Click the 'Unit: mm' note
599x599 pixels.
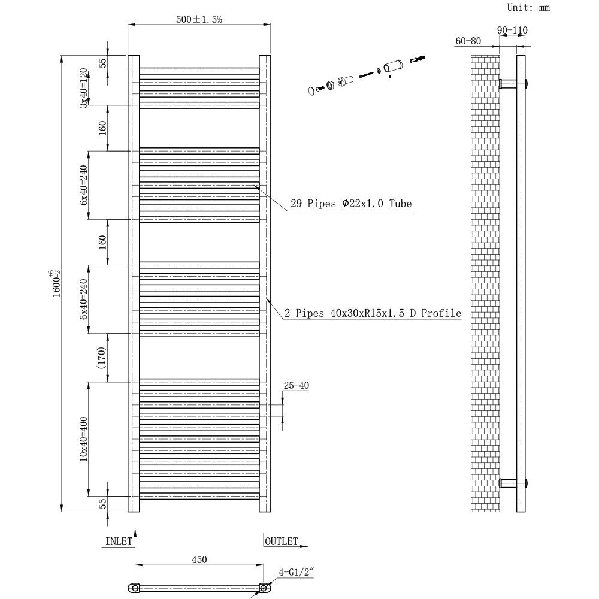pyautogui.click(x=528, y=8)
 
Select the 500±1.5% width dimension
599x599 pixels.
pyautogui.click(x=199, y=19)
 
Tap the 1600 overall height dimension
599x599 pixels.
pyautogui.click(x=56, y=282)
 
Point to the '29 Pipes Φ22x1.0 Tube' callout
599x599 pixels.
pyautogui.click(x=351, y=204)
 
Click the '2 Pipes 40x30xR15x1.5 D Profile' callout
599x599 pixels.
pyautogui.click(x=373, y=313)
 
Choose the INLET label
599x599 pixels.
pyautogui.click(x=119, y=541)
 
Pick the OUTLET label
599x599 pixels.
pyautogui.click(x=281, y=541)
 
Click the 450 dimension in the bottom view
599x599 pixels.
pyautogui.click(x=199, y=560)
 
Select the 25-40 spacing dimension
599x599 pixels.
pyautogui.click(x=296, y=386)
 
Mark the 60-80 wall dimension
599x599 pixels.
pyautogui.click(x=468, y=41)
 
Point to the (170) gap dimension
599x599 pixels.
pyautogui.click(x=102, y=358)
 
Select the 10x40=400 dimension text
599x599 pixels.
pyautogui.click(x=83, y=438)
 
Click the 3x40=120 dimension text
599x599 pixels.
pyautogui.click(x=84, y=87)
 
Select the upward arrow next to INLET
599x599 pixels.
pyautogui.click(x=135, y=533)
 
